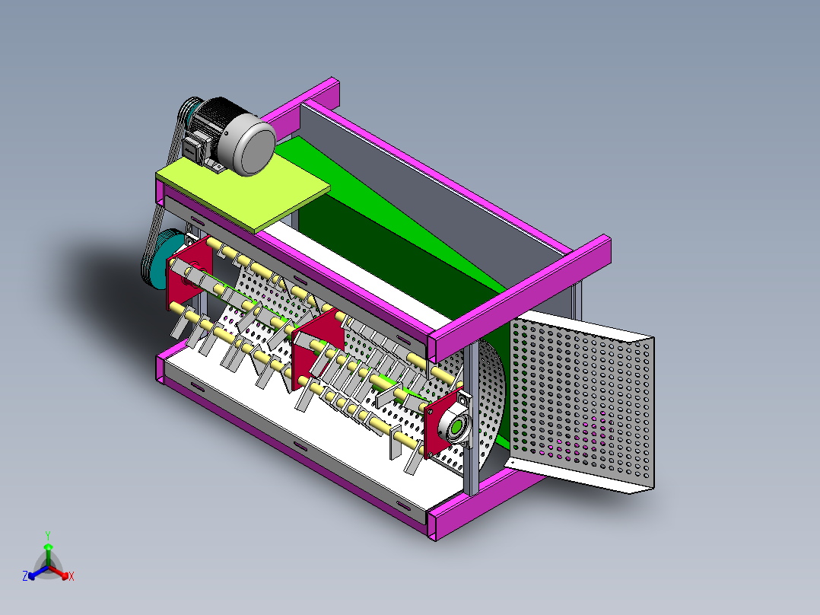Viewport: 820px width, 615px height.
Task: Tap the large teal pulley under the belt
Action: pos(157,262)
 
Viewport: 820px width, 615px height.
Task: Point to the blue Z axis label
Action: pos(25,577)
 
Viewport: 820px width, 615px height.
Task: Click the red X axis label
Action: pos(72,577)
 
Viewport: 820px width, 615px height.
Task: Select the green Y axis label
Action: pos(47,535)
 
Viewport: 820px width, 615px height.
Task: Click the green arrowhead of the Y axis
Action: pos(48,546)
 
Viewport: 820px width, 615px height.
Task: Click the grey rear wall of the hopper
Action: pos(426,183)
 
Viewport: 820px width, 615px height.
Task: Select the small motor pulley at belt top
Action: pos(189,111)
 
